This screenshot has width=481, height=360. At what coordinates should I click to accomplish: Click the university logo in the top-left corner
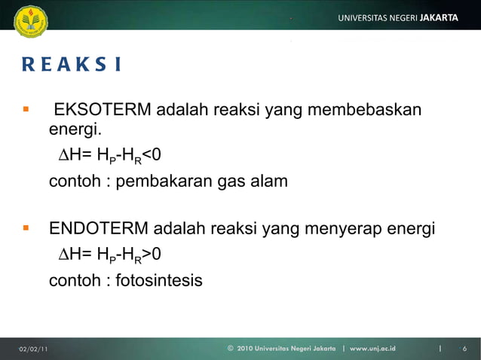coord(30,20)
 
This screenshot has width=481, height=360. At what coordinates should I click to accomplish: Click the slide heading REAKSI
coord(71,65)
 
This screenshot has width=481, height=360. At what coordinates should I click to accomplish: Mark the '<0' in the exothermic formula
coord(151,156)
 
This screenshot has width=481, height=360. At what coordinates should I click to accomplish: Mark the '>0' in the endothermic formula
coord(151,255)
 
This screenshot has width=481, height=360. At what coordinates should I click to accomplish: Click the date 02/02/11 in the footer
coord(34,349)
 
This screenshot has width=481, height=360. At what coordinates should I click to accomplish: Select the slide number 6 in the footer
coord(465,349)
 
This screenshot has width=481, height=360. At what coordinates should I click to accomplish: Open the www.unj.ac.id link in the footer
coord(372,349)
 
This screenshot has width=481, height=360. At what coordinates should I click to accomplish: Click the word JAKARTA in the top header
coord(438,17)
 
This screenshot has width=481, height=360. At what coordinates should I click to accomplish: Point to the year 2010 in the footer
coord(245,349)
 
